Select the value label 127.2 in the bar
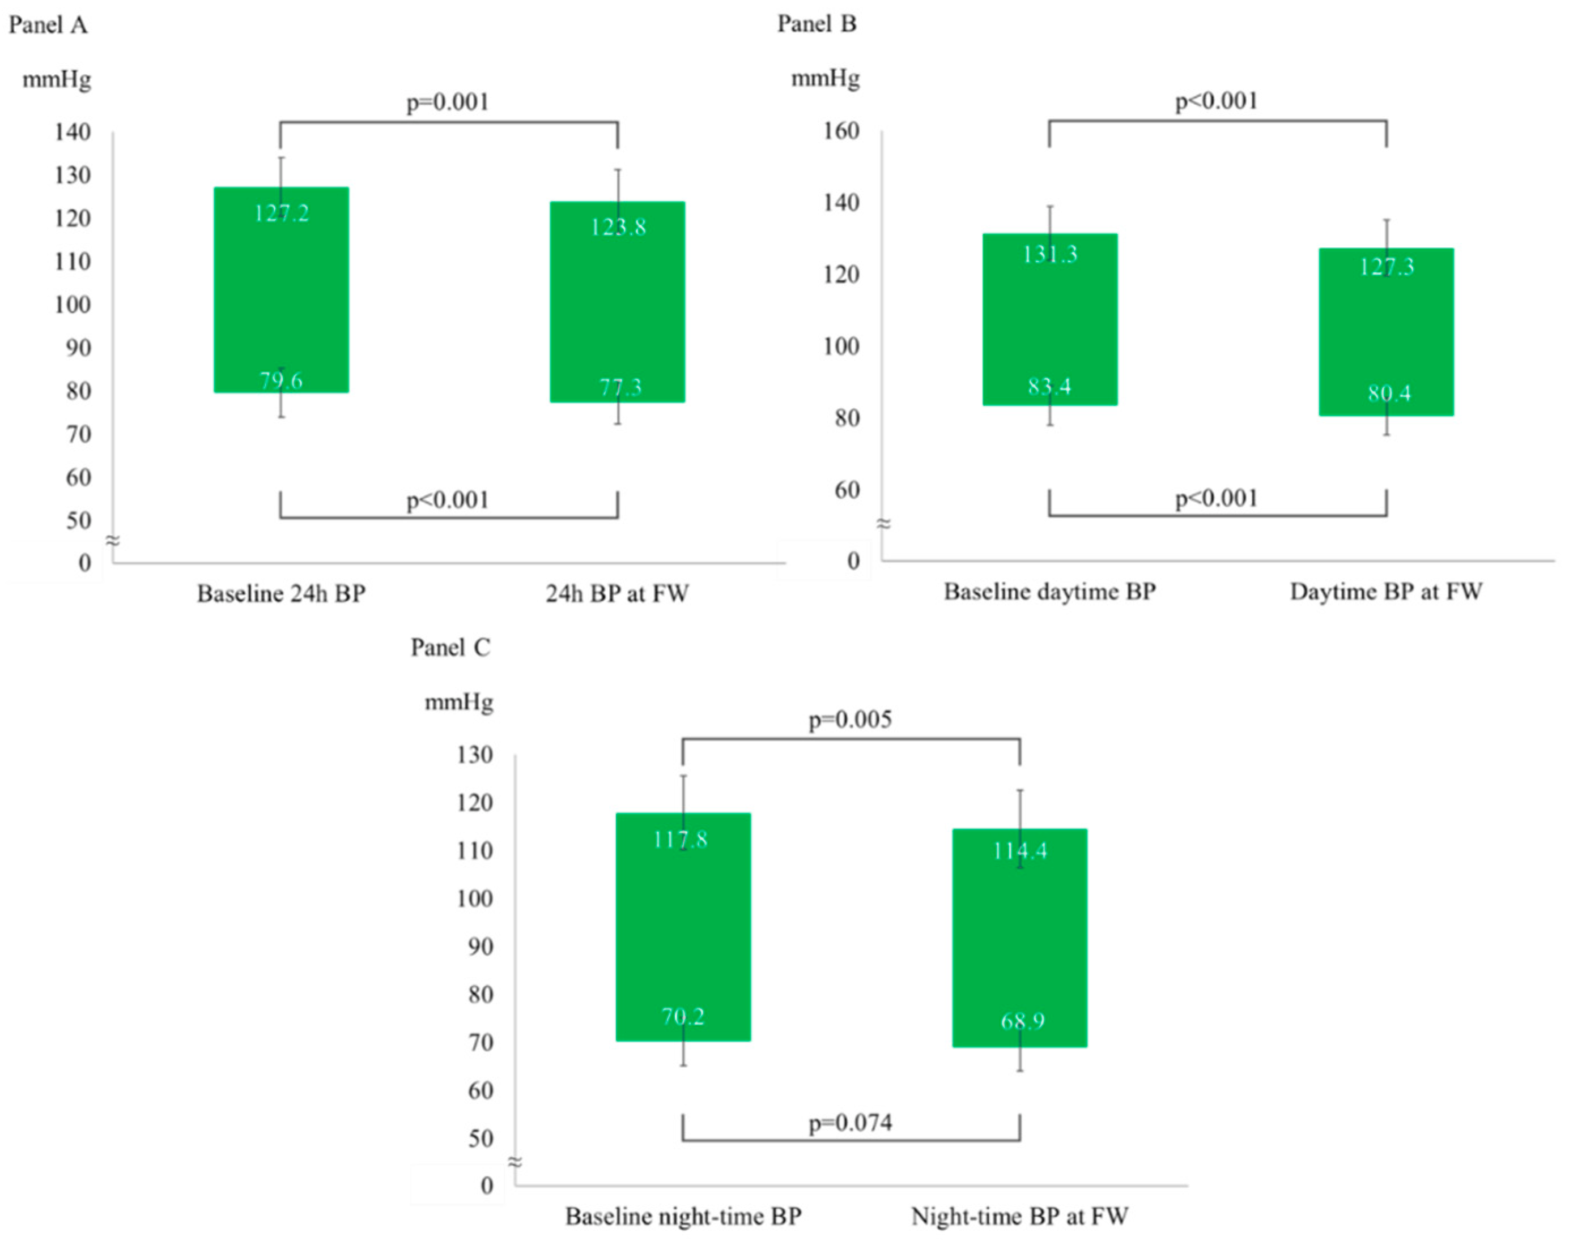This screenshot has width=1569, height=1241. coord(282,213)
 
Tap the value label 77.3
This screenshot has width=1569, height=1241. coord(619,387)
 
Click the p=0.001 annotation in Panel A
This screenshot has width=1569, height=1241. coord(447,102)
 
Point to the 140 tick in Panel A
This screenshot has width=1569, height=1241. coord(73,132)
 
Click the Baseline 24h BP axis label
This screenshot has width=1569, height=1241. coord(282,594)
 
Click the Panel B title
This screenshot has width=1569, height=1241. coord(817,24)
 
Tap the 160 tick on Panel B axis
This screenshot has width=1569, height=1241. coord(841,131)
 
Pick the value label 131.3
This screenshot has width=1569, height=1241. coord(1050,254)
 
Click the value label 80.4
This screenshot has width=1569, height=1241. coord(1389,394)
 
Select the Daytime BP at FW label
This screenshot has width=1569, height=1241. coord(1386,592)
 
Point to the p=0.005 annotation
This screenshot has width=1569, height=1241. coord(850,720)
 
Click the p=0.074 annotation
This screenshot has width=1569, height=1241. coord(850,1123)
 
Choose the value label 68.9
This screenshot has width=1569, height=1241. coord(1022,1021)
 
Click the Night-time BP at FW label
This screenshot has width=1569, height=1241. coord(1019,1216)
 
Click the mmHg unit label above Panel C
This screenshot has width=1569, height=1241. coord(459,703)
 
